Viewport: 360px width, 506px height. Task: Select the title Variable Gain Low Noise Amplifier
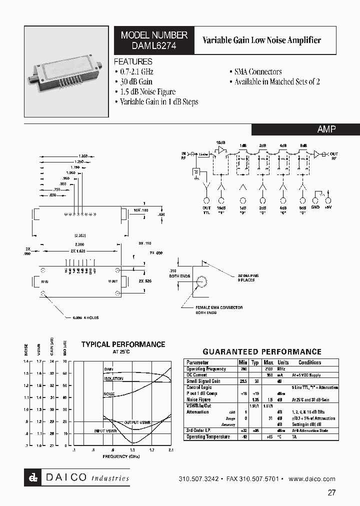click(261, 40)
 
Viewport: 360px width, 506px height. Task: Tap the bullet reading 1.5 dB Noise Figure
click(147, 91)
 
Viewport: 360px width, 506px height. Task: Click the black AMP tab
click(326, 129)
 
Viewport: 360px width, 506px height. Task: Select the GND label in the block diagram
click(315, 207)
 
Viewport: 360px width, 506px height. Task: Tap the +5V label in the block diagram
click(327, 207)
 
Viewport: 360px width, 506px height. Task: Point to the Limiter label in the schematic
click(203, 154)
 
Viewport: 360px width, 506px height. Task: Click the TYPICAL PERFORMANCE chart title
click(123, 344)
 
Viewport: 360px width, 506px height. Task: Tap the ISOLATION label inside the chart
click(113, 378)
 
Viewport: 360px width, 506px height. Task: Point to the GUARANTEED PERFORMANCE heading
click(261, 352)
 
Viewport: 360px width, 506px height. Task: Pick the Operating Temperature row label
click(208, 436)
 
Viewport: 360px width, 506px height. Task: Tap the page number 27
click(331, 492)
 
